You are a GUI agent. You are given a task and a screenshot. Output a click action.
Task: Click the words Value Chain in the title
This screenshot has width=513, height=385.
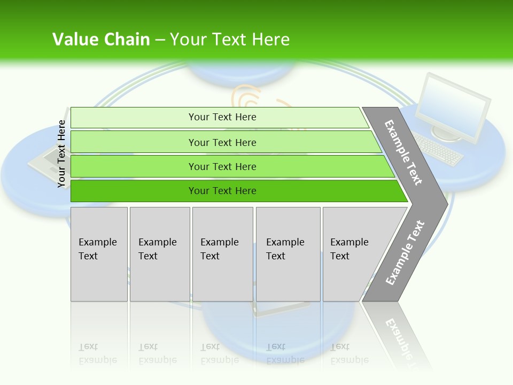101,40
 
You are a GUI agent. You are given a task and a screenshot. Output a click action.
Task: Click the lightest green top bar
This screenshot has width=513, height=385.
222,117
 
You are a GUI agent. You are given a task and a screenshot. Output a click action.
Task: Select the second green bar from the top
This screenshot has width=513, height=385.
222,142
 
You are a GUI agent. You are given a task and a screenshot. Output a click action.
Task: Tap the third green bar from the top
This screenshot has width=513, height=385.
222,166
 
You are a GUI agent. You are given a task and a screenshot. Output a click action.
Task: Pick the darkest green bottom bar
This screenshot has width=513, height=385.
222,191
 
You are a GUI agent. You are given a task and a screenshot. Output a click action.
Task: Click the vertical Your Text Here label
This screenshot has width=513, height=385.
62,154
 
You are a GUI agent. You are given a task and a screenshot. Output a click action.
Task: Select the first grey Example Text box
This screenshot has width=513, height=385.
99,254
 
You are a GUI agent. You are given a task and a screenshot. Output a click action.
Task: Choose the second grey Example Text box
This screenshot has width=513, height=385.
159,254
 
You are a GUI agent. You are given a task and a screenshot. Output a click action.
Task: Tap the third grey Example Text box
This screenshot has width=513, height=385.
222,254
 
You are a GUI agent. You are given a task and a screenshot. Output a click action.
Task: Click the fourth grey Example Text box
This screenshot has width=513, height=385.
287,254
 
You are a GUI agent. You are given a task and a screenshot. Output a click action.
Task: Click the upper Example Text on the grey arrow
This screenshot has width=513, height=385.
403,152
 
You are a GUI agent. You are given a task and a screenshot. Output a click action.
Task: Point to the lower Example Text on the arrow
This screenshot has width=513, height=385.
405,253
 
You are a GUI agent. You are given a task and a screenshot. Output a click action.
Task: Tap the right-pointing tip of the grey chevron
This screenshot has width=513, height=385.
444,204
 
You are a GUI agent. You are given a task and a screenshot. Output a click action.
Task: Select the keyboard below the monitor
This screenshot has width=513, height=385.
438,149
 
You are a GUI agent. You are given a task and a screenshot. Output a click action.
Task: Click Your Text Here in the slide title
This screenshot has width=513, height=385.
230,40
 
